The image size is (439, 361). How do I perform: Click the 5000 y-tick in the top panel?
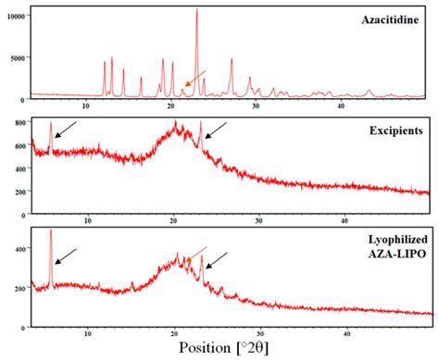pos(19,57)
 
